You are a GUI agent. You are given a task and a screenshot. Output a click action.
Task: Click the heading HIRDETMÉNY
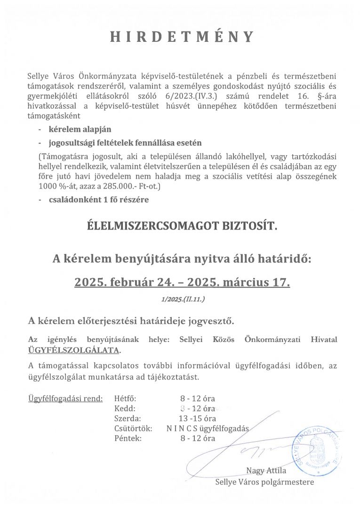[182, 37]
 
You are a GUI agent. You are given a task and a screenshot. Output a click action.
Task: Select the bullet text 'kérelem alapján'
[80, 129]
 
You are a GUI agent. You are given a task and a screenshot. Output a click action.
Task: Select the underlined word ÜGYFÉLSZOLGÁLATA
[74, 350]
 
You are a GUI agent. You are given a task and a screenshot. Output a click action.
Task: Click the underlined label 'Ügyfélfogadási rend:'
[65, 399]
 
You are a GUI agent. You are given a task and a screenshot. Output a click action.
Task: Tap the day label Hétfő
[125, 399]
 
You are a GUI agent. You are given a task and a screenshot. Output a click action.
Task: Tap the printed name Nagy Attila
[266, 471]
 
